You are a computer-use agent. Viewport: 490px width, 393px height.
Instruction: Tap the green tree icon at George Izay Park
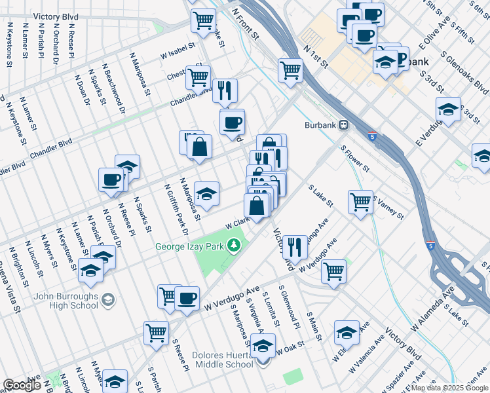[234, 246]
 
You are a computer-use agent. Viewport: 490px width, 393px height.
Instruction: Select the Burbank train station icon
[343, 125]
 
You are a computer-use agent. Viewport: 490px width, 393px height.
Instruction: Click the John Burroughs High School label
[66, 301]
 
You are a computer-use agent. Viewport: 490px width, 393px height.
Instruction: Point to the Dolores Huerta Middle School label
[223, 360]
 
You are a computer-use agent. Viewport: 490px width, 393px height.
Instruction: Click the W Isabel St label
[178, 51]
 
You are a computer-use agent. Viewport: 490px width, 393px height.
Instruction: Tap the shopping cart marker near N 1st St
[290, 69]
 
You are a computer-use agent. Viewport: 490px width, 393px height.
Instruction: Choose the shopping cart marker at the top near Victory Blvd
[203, 20]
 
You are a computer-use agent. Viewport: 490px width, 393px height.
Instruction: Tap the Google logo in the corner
[22, 385]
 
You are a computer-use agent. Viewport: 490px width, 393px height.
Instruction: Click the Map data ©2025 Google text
[449, 388]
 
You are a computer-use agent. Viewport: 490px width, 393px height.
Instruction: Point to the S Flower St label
[355, 159]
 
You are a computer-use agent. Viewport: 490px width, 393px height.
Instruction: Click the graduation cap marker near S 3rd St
[449, 109]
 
